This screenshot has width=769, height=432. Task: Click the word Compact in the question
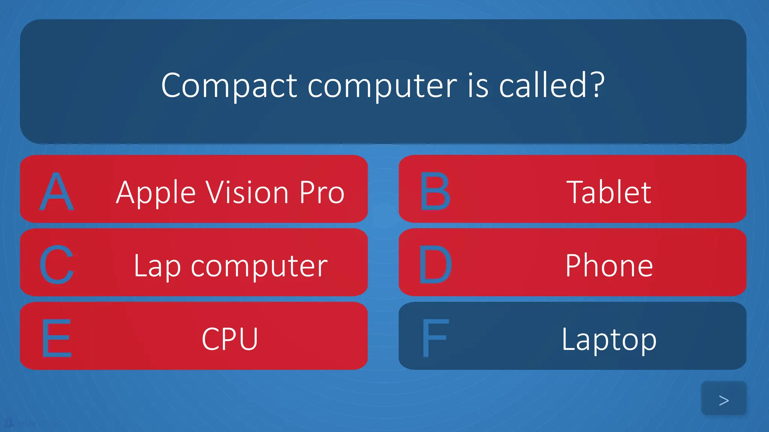(229, 85)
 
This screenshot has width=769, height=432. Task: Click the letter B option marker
(435, 191)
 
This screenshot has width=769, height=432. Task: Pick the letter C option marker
(56, 265)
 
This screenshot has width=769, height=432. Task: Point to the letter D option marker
(435, 265)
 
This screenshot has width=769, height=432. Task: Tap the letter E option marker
(56, 338)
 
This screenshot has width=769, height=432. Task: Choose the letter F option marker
(435, 338)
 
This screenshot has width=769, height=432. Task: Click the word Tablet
(609, 192)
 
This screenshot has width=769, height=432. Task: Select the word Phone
(609, 265)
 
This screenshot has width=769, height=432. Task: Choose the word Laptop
(609, 340)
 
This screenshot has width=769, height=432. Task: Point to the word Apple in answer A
(156, 193)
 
